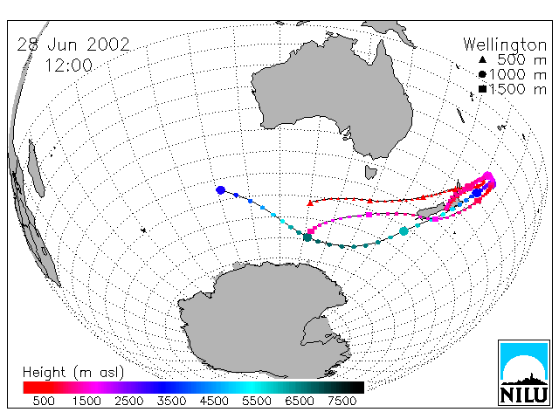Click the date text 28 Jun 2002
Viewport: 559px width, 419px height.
pyautogui.click(x=73, y=45)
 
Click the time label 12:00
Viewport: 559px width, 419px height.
pyautogui.click(x=69, y=65)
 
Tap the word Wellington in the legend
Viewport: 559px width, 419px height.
pyautogui.click(x=505, y=45)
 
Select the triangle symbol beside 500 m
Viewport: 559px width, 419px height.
pyautogui.click(x=482, y=60)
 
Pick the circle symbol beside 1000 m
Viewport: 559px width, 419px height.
pyautogui.click(x=482, y=74)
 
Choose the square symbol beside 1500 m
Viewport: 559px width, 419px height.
pyautogui.click(x=483, y=89)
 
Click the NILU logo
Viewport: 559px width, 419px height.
pyautogui.click(x=524, y=373)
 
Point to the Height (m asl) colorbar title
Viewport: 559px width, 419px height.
pyautogui.click(x=73, y=373)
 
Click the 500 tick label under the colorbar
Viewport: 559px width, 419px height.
pyautogui.click(x=44, y=401)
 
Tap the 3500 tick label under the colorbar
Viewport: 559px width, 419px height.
pyautogui.click(x=171, y=401)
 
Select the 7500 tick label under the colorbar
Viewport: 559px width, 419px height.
pyautogui.click(x=342, y=401)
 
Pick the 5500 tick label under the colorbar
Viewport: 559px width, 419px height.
pyautogui.click(x=257, y=401)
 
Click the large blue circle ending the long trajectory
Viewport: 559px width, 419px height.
pyautogui.click(x=221, y=190)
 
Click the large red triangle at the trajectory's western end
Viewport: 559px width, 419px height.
pyautogui.click(x=310, y=203)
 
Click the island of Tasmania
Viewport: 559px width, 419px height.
pyautogui.click(x=370, y=172)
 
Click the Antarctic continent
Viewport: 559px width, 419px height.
pyautogui.click(x=264, y=317)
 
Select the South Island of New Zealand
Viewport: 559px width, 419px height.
pyautogui.click(x=431, y=211)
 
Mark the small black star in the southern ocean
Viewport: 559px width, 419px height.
pyautogui.click(x=143, y=230)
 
